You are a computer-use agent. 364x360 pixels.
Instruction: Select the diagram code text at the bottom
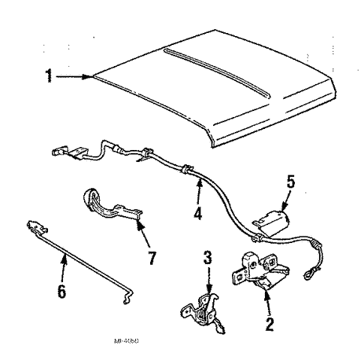tap(132, 340)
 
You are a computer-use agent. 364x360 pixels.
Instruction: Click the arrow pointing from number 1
tap(75, 76)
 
